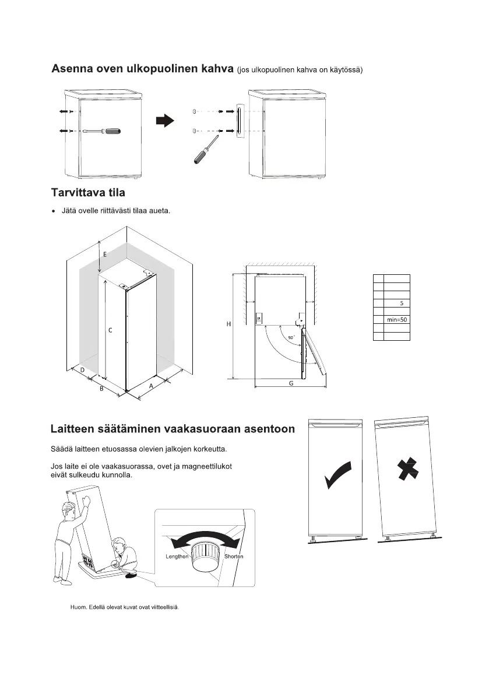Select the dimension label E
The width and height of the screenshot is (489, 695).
105,254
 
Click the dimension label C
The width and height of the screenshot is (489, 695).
110,330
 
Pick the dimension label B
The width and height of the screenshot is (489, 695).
101,389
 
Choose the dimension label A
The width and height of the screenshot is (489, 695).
151,386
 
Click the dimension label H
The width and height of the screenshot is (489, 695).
229,325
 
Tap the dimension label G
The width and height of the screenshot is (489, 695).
291,383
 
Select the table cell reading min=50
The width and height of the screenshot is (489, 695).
396,320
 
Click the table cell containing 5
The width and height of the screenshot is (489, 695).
401,303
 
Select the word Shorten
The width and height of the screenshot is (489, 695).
234,556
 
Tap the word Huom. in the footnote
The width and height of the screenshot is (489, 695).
78,607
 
